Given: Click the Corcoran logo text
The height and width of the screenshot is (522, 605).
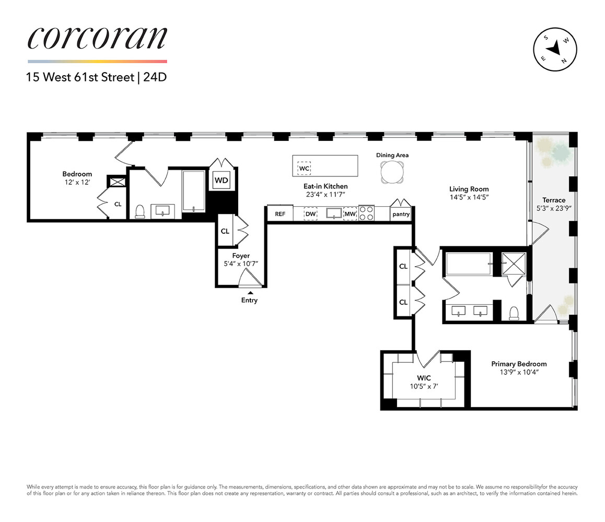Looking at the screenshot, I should click(97, 38).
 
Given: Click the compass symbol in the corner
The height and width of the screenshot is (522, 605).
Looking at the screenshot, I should click(555, 49).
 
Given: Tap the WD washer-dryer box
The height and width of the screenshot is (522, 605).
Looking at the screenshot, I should click(222, 180).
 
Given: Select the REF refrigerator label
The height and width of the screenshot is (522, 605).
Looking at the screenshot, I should click(280, 214).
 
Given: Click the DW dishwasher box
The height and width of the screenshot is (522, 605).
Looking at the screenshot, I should click(310, 214).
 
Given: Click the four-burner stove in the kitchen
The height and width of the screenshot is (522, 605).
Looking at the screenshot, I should click(367, 213).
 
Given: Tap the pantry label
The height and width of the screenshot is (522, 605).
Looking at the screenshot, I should click(401, 214).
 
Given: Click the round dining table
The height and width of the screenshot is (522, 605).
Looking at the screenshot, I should click(392, 171).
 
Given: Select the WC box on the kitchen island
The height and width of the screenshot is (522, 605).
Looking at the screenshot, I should click(305, 169).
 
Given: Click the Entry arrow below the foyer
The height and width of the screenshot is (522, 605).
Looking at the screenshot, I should click(250, 292).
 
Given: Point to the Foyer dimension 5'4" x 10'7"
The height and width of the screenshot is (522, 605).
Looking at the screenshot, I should click(241, 264).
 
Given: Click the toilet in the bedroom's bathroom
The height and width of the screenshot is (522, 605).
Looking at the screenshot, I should click(139, 211).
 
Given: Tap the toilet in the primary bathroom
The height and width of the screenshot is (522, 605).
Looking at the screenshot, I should click(513, 312).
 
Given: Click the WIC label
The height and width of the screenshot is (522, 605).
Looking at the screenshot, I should click(424, 378).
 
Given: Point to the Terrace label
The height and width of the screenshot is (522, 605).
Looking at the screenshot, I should click(553, 200).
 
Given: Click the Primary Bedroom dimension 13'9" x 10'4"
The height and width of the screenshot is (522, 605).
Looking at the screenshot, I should click(519, 372).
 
